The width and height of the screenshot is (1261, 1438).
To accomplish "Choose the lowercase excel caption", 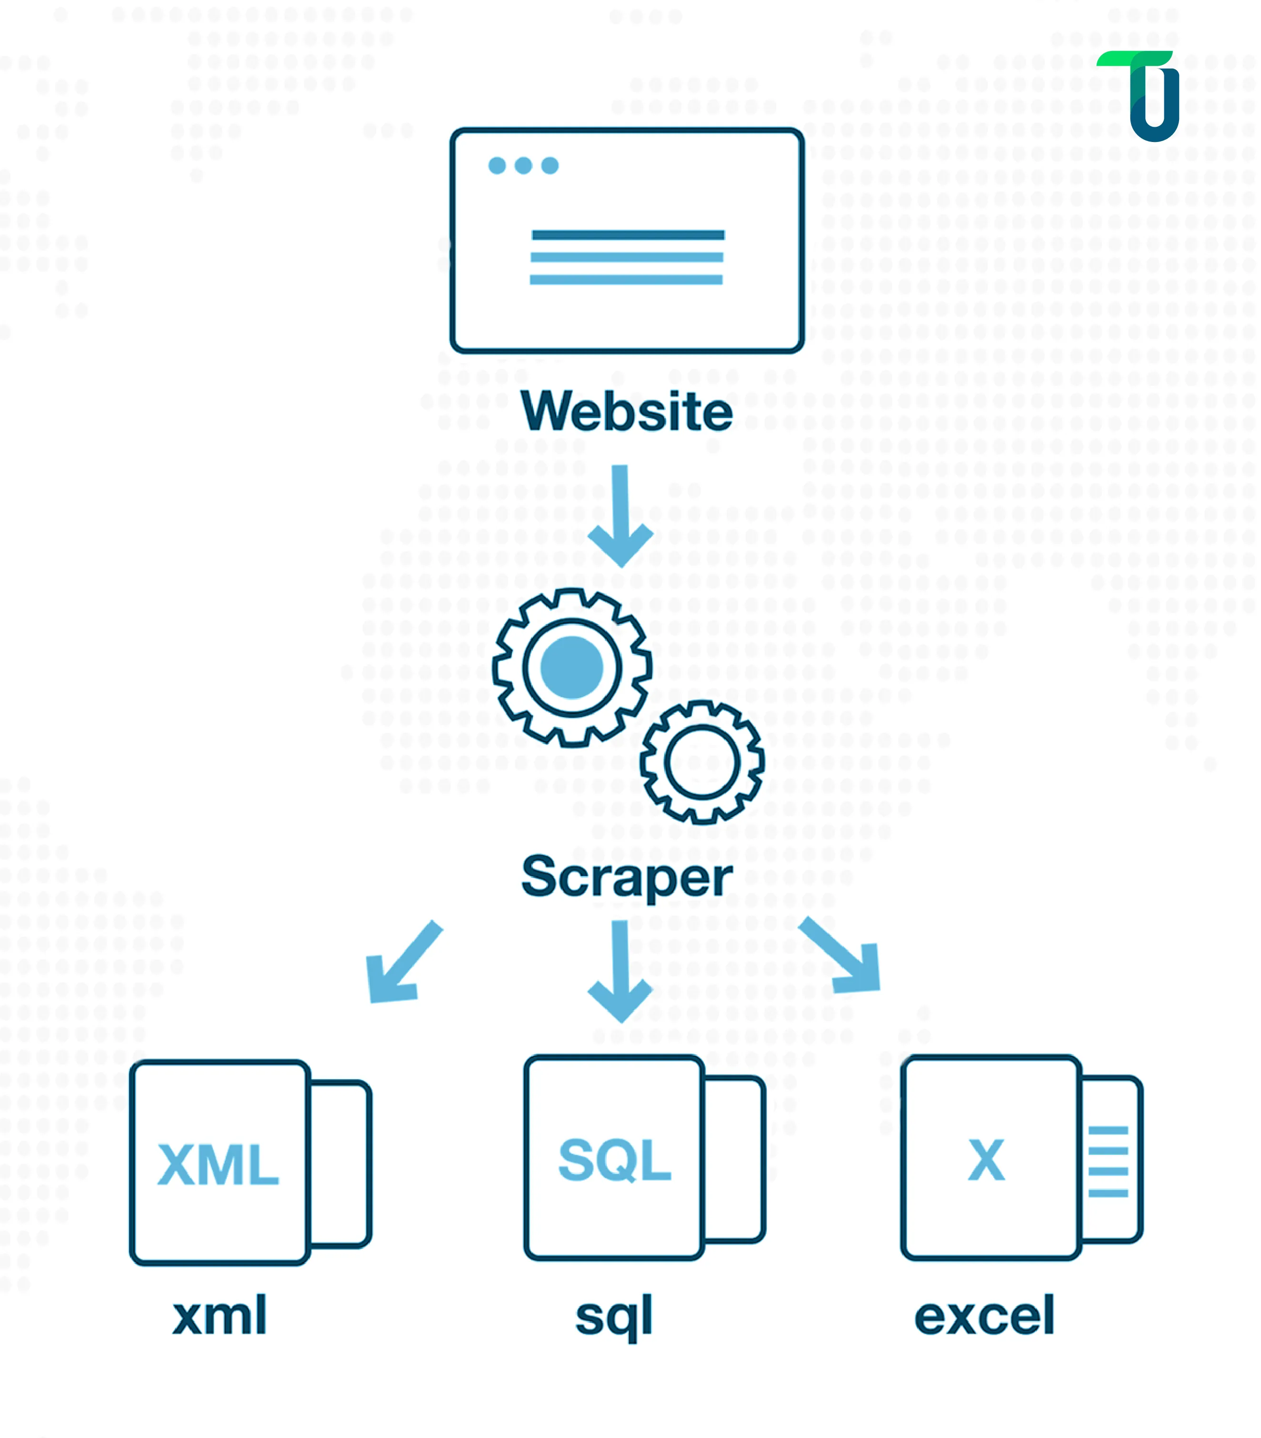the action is [x=984, y=1316].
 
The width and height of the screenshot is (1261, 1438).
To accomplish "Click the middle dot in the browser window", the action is [x=523, y=165].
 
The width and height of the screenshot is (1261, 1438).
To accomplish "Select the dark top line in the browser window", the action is [x=628, y=235].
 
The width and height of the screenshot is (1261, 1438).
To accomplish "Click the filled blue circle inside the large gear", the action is [x=572, y=667].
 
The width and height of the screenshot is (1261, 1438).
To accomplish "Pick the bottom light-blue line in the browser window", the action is [x=626, y=280].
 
